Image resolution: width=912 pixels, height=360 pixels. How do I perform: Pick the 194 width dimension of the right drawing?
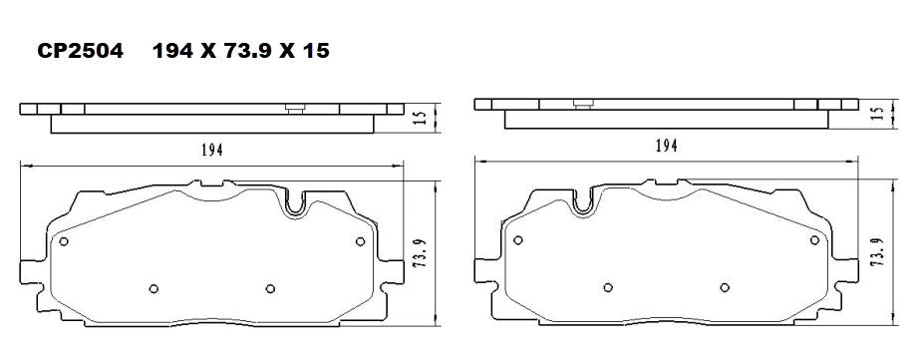click(x=667, y=146)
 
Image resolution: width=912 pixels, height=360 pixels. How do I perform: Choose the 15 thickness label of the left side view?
click(x=422, y=118)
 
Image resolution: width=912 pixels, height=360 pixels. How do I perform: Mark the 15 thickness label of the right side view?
click(x=877, y=114)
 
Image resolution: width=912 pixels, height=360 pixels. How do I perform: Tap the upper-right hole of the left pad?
click(x=361, y=240)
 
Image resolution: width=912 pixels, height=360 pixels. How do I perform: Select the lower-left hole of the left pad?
click(x=152, y=289)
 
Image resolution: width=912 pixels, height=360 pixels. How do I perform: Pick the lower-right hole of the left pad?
click(x=270, y=289)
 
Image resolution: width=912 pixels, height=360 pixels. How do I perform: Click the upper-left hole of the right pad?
click(x=517, y=239)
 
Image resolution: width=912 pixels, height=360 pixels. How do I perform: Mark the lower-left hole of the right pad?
click(x=607, y=287)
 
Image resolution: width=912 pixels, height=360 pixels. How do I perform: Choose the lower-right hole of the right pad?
click(x=725, y=287)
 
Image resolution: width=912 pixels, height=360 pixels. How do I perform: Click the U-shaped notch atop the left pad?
click(x=295, y=204)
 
